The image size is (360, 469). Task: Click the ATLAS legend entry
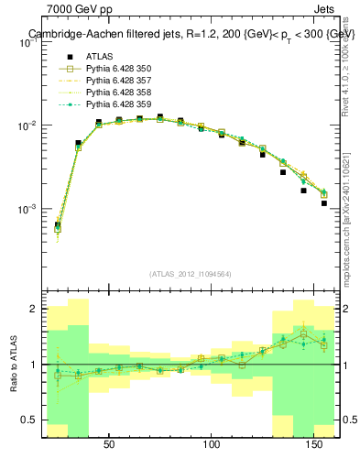point(100,56)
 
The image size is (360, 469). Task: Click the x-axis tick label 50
point(109,444)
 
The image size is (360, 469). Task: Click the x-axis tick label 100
point(213,444)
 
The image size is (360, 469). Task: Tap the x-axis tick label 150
point(315,444)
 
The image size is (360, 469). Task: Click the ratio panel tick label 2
point(34,310)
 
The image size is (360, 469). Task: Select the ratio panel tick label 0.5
point(29,420)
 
